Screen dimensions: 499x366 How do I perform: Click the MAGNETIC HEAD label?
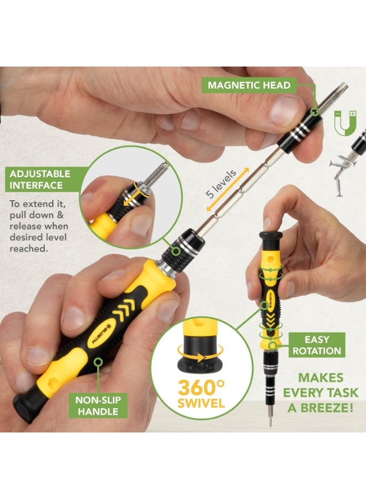(x=249, y=85)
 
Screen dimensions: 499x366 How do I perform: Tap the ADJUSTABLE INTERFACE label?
(x=40, y=179)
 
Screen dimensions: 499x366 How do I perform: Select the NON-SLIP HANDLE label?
(x=98, y=405)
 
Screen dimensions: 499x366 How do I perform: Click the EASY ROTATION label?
(x=317, y=345)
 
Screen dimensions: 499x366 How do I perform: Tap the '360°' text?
(x=201, y=386)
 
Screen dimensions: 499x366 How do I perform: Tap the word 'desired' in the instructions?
(x=26, y=237)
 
